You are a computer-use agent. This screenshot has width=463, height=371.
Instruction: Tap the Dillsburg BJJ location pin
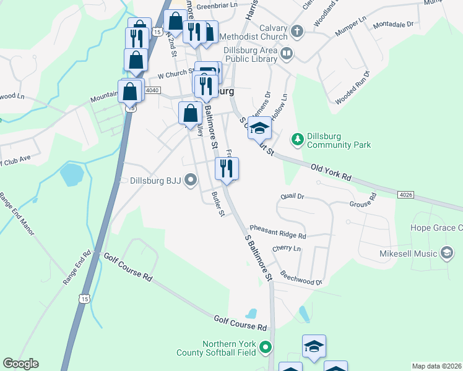191,181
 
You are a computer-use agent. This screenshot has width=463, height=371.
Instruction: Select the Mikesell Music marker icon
446,253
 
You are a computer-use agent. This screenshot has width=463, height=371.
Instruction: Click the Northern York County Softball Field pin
266,348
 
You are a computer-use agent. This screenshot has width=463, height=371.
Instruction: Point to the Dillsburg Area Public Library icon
287,53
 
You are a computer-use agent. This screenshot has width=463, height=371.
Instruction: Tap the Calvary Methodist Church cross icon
297,30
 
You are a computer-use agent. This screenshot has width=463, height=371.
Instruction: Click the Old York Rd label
331,173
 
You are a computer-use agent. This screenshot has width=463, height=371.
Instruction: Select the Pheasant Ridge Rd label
278,232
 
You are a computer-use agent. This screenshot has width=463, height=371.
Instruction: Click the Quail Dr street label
292,196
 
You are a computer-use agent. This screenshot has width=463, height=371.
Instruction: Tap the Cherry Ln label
286,248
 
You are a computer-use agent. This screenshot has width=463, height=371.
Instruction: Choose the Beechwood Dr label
301,278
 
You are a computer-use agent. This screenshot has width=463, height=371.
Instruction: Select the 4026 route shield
405,195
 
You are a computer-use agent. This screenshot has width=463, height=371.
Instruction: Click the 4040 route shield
152,90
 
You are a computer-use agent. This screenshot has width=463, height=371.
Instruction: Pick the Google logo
20,364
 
